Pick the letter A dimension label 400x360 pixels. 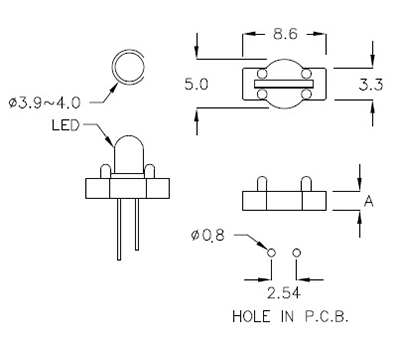(368, 201)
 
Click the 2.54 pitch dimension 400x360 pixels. (282, 295)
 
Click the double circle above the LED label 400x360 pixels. (128, 69)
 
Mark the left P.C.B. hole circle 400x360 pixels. (271, 253)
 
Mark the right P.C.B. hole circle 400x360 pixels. (296, 253)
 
